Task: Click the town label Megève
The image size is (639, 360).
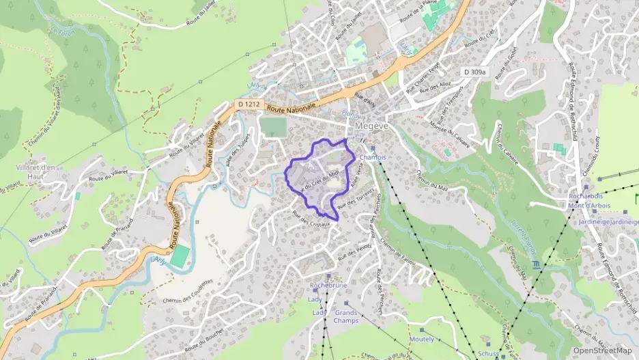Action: [371, 126]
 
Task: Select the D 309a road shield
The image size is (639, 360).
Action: [474, 72]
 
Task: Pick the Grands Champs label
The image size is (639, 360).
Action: [346, 316]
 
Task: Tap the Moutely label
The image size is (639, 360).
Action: [421, 339]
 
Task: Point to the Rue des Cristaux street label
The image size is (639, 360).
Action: [311, 219]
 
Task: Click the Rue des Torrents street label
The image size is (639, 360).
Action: [356, 199]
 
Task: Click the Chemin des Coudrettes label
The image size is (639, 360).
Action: [188, 292]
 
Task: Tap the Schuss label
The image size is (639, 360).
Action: [488, 353]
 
